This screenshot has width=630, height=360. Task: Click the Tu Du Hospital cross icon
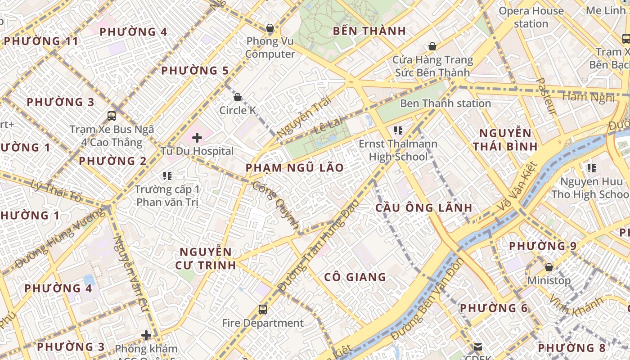coord(197,138)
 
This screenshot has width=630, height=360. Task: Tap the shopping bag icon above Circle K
coord(238,97)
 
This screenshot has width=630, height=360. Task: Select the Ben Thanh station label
coord(445,103)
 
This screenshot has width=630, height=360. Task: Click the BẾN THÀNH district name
coord(369,31)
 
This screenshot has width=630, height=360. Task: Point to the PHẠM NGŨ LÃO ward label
coord(294,168)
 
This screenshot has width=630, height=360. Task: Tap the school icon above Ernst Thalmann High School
coord(398,130)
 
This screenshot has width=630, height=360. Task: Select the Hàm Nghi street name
coord(588,97)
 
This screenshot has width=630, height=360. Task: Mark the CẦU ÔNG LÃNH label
coord(424,207)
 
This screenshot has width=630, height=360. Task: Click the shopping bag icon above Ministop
coord(549,267)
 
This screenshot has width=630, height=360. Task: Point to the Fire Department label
coord(263,323)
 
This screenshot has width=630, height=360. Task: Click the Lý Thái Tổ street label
coord(57,191)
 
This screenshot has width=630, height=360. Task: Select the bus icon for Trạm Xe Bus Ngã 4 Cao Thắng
coord(112,116)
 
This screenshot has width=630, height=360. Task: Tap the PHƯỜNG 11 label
coord(40,41)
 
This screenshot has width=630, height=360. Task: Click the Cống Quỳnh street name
coord(276,205)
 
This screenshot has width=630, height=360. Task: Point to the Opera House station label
coord(531,17)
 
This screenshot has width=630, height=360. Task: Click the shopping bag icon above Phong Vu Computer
coord(270,28)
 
